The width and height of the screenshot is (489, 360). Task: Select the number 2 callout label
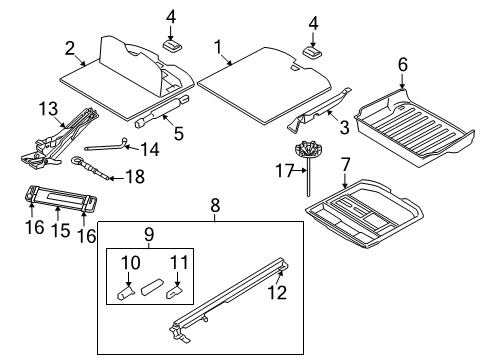point(70,48)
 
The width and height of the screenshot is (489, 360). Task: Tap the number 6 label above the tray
point(402,64)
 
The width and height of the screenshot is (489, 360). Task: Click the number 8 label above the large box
point(214,206)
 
